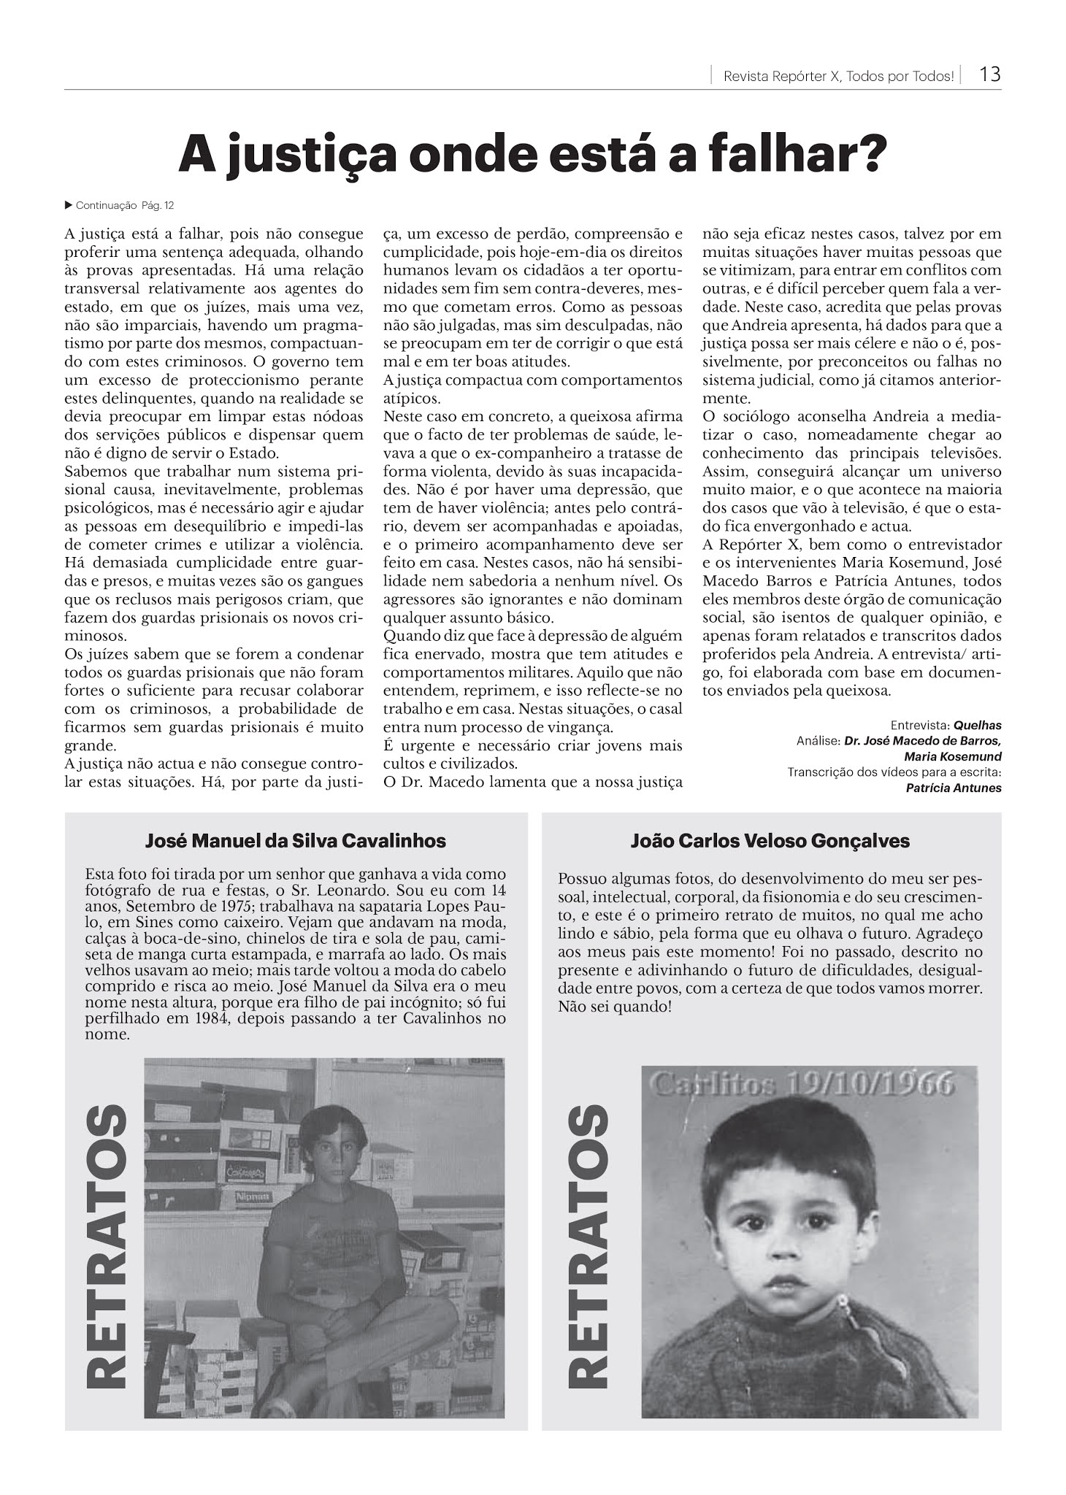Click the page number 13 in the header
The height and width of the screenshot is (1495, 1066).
tap(989, 74)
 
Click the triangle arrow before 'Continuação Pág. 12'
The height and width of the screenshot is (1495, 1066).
tap(69, 205)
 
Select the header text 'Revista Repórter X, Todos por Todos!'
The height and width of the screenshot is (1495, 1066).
tap(838, 76)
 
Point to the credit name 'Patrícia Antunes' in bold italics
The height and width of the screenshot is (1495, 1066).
tap(953, 788)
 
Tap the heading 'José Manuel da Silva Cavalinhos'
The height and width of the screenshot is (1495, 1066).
tap(296, 841)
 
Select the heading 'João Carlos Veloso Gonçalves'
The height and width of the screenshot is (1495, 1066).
tap(770, 841)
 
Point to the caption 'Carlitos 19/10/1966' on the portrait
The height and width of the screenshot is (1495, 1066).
tap(802, 1085)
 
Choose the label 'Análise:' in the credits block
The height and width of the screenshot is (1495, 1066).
tap(818, 741)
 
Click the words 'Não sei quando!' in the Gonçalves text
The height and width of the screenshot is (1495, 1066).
tap(614, 1007)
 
